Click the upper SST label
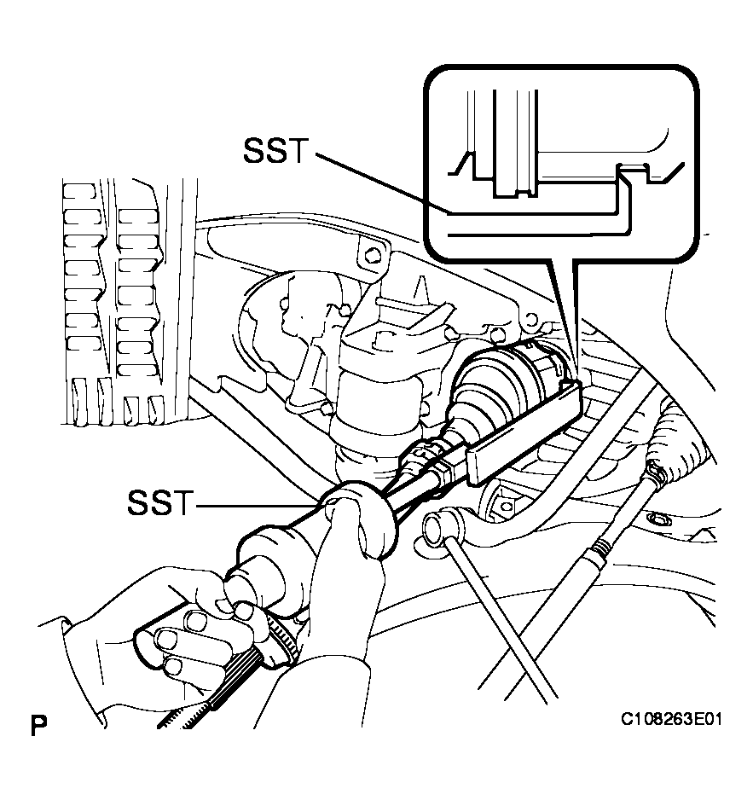pyautogui.click(x=276, y=151)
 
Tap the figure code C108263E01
pyautogui.click(x=671, y=719)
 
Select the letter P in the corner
pyautogui.click(x=38, y=726)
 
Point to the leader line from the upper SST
pyautogui.click(x=383, y=183)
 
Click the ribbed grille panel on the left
pyautogui.click(x=115, y=301)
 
